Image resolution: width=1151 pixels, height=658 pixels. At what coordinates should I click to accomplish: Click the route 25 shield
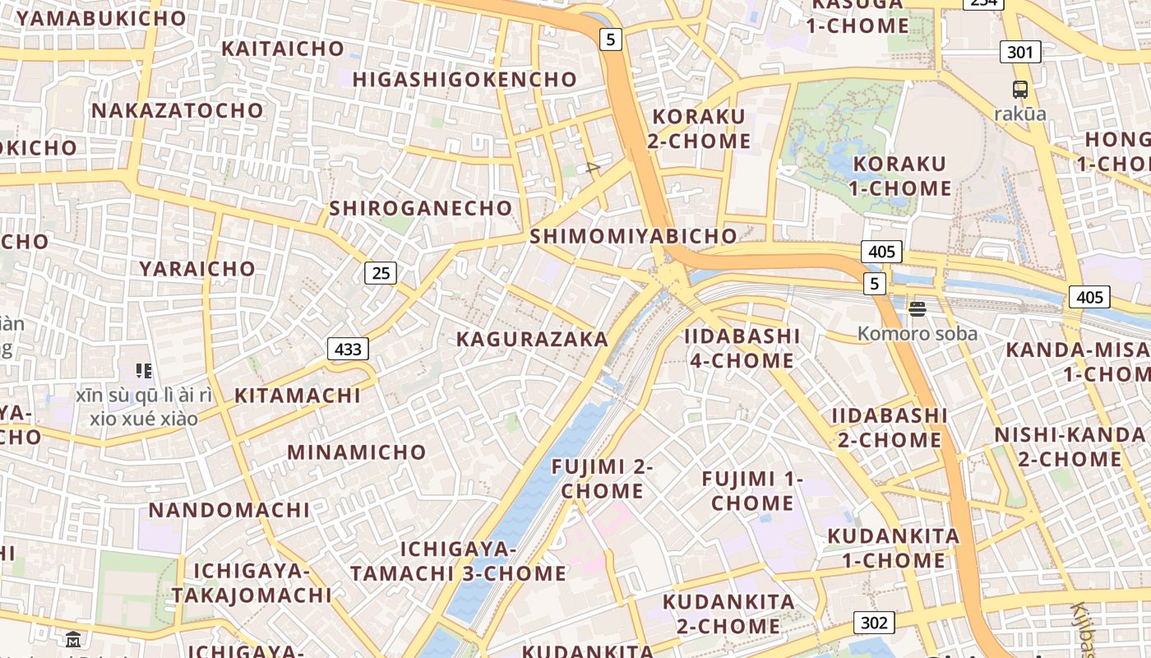coord(381,272)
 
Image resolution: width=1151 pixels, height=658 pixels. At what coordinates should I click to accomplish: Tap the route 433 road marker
coord(348,349)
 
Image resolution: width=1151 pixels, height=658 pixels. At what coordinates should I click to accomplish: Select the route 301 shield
coord(1019,53)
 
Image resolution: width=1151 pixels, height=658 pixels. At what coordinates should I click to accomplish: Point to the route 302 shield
coord(873,623)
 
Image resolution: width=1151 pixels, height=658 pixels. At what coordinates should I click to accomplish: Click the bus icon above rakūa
coord(1019,90)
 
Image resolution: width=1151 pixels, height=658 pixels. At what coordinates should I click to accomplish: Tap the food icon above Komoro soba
coord(918,309)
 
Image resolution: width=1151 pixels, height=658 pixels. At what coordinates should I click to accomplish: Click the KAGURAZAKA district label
coord(532,339)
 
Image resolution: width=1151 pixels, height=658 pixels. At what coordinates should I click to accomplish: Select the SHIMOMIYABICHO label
coord(633,236)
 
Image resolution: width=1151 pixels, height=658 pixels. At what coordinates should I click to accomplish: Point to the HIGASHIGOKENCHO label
coord(465,79)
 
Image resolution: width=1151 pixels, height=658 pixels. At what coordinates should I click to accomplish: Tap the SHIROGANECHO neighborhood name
coord(421,208)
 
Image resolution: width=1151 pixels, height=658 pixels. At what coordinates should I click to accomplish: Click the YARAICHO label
coord(197,269)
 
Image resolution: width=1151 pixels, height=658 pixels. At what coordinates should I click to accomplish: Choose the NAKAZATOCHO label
coord(178,110)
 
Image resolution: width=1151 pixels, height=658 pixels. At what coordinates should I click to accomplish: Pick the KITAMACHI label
coord(298,396)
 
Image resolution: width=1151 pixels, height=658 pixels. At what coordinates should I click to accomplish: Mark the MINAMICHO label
coord(356,452)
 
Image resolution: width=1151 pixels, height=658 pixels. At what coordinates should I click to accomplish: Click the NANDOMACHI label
coord(229,510)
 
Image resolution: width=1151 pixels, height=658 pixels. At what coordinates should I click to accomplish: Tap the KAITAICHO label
coord(283,49)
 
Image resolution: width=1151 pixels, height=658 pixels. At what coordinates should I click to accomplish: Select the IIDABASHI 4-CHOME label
coord(742,348)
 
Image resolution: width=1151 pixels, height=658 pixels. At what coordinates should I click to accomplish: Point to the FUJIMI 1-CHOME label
coord(751,490)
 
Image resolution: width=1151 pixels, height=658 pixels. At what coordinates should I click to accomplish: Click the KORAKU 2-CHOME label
coord(699,128)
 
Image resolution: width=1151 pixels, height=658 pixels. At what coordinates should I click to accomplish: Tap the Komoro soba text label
coord(918,333)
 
